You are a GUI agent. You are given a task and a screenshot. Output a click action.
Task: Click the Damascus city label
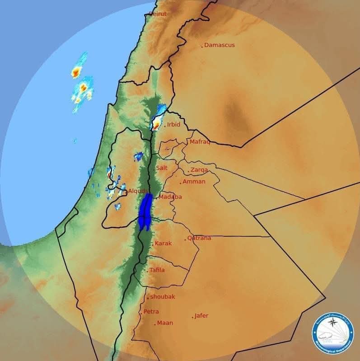coord(220,45)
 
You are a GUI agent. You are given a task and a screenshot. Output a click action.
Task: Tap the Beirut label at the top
coord(157,14)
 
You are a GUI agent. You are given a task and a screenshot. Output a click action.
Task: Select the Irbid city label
coord(173,125)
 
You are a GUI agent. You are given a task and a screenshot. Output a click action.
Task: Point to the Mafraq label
coord(200,142)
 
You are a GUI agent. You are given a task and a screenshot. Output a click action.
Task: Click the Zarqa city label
coord(199,170)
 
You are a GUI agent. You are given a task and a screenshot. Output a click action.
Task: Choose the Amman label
coord(194,182)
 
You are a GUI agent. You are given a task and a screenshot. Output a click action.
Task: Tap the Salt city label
coord(162,168)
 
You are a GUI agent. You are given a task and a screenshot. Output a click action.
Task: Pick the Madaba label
coord(170,197)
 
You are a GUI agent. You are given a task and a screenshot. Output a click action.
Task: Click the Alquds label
coord(138,191)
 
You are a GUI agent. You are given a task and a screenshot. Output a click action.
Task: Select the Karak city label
coord(163,244)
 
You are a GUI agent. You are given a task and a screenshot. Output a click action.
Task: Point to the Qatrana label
coord(199,238)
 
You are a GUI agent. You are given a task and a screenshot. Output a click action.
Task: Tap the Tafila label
coord(157,270)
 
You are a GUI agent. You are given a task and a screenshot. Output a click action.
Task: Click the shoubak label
coord(163,297)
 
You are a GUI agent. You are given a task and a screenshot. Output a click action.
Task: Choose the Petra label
coord(151,312)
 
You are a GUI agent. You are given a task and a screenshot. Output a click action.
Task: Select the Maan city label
coord(165,323)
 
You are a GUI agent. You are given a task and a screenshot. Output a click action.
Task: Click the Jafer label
coord(201,316)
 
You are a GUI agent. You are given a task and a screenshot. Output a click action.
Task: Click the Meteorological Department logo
coord(333,333)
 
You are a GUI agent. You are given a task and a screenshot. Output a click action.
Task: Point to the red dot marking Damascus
coord(202,46)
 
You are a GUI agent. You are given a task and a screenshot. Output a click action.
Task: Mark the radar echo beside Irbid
coord(158,121)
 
